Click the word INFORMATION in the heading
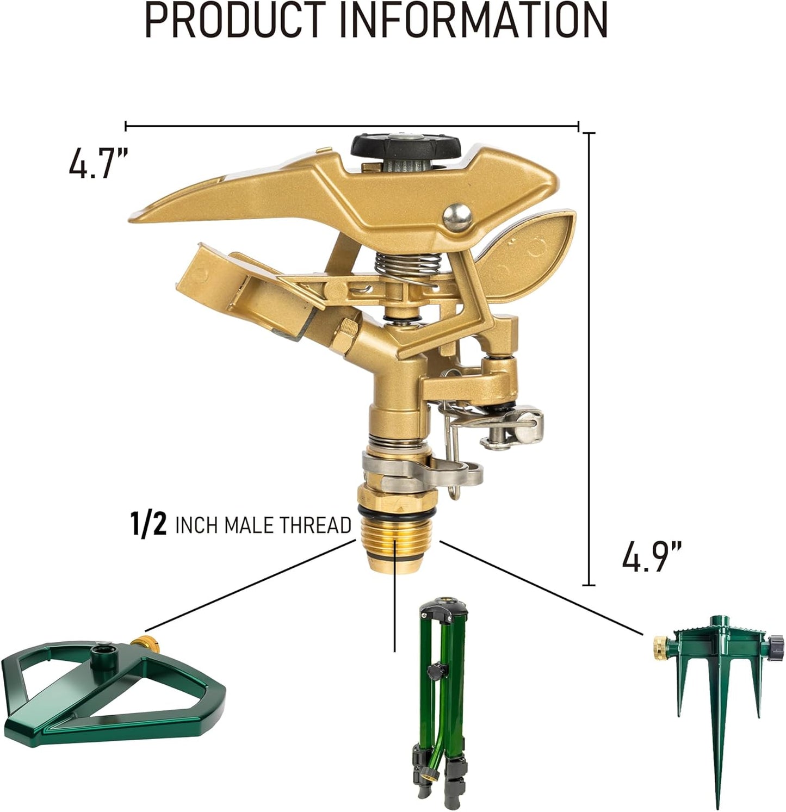(x=473, y=21)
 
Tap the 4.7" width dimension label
(x=98, y=163)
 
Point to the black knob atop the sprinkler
(x=406, y=146)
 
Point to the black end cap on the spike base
(x=776, y=647)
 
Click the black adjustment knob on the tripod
(x=434, y=671)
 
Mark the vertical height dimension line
(x=589, y=359)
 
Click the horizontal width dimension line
(x=351, y=126)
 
